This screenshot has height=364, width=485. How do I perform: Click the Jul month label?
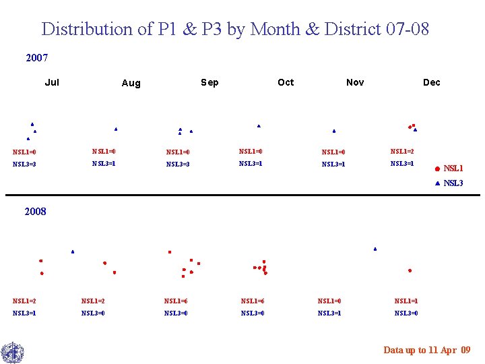(x=52, y=82)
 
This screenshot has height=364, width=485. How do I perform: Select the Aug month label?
(x=131, y=83)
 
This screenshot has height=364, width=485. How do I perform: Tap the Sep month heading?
(x=209, y=82)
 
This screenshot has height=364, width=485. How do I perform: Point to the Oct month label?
(x=286, y=82)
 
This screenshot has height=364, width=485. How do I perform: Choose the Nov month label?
(x=355, y=82)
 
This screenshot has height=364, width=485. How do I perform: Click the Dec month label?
(x=431, y=82)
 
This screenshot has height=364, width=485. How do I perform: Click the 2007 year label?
(x=37, y=58)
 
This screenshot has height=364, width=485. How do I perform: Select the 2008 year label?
(x=35, y=212)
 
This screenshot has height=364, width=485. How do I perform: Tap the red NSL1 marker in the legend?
(x=437, y=169)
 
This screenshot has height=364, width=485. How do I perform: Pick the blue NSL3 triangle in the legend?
(x=437, y=183)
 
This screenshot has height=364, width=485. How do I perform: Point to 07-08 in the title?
(x=408, y=29)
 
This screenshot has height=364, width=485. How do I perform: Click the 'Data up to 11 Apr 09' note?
(x=427, y=350)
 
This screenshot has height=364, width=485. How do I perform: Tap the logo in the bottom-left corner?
(x=12, y=353)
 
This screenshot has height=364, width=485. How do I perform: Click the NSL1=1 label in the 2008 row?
(x=406, y=301)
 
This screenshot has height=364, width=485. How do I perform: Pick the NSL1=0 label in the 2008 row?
(x=329, y=301)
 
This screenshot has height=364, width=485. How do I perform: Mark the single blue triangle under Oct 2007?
(x=259, y=126)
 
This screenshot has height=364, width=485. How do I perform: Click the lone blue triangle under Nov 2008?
(x=375, y=249)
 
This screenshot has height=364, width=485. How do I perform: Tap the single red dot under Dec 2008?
(x=410, y=270)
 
